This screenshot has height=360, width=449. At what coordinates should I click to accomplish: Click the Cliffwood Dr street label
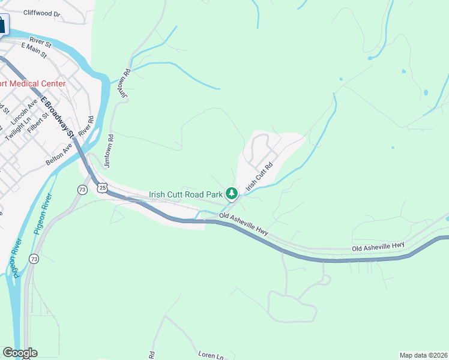[42, 13]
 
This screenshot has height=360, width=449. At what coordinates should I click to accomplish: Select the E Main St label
[34, 47]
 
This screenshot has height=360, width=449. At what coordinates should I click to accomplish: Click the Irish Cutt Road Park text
[185, 194]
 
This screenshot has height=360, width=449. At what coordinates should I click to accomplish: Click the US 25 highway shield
[103, 188]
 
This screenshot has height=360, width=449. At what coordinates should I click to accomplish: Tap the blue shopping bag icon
[2, 25]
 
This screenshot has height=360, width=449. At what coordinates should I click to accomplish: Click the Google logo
[20, 353]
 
